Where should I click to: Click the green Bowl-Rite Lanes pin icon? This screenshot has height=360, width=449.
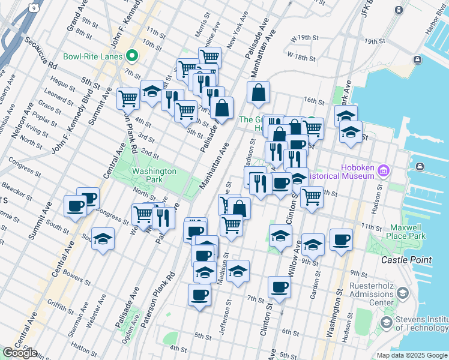(x=132, y=57)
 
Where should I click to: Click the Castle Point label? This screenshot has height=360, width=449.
(x=406, y=260)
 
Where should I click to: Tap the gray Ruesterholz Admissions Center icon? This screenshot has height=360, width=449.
(x=402, y=293)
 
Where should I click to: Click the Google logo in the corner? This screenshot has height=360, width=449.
(x=20, y=353)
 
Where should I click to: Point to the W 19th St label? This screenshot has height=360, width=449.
(x=303, y=38)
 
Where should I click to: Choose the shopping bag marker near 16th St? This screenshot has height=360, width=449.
(x=258, y=92)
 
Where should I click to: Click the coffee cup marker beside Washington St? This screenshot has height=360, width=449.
(x=341, y=239)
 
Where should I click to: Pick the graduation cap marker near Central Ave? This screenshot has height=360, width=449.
(x=103, y=239)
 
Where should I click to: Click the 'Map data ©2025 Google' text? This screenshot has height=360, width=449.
(x=412, y=355)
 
